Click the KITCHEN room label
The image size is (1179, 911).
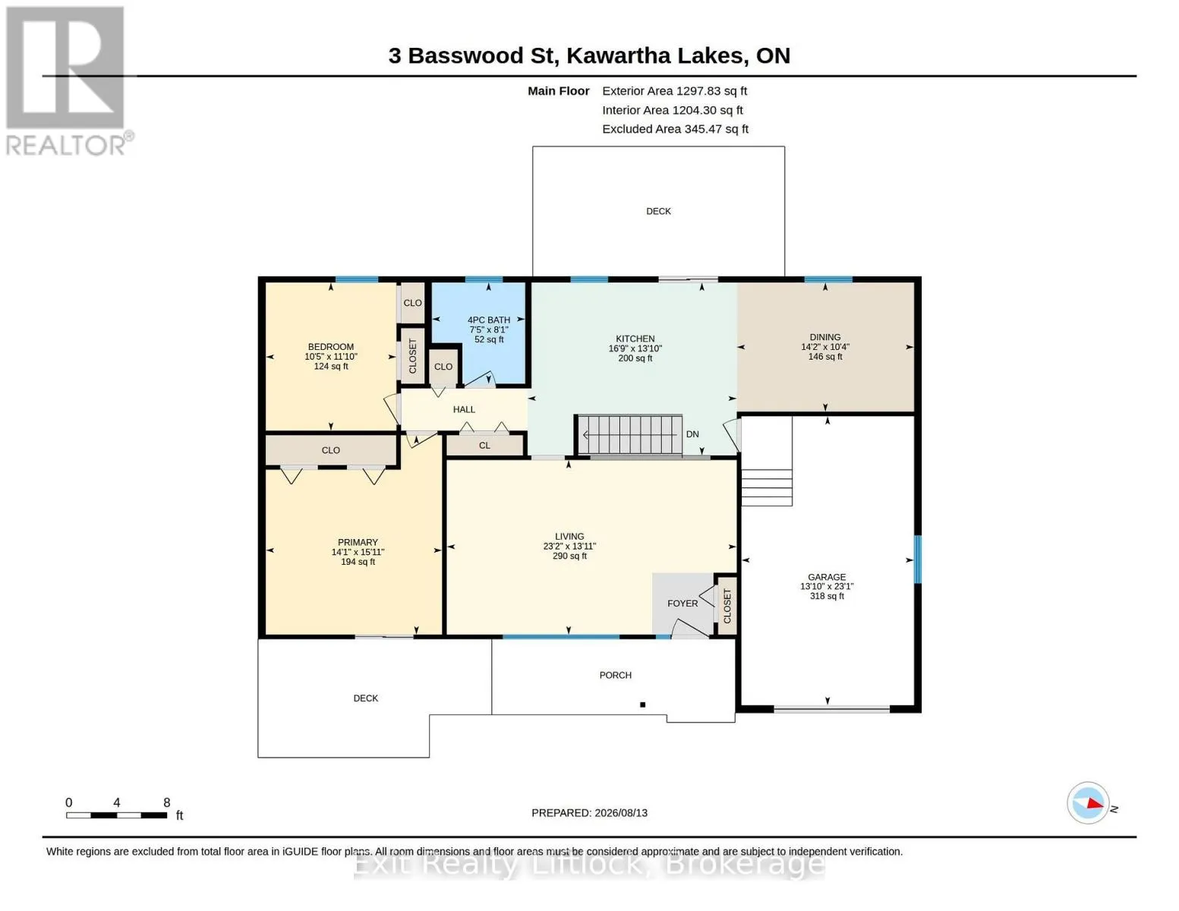click(635, 339)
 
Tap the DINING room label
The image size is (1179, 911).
click(824, 337)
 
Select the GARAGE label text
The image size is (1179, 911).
click(826, 577)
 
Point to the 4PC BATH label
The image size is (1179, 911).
click(489, 320)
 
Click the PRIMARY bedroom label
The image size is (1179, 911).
click(358, 542)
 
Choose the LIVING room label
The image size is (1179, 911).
click(569, 536)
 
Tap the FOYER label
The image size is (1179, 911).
click(682, 604)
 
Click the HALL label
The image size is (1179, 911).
click(464, 409)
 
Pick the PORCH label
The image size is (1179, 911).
click(615, 675)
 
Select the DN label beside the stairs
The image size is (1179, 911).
click(692, 434)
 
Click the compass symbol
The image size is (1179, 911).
click(1087, 803)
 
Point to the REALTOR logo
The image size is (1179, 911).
click(68, 81)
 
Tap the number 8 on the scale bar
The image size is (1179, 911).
click(166, 802)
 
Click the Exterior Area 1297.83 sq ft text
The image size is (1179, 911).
click(674, 91)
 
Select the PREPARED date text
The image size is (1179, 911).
click(589, 813)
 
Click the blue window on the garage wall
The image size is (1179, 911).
click(918, 560)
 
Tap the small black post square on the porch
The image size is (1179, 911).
click(642, 705)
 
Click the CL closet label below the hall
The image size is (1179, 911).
click(484, 446)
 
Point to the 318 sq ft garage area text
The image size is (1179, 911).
click(826, 596)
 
